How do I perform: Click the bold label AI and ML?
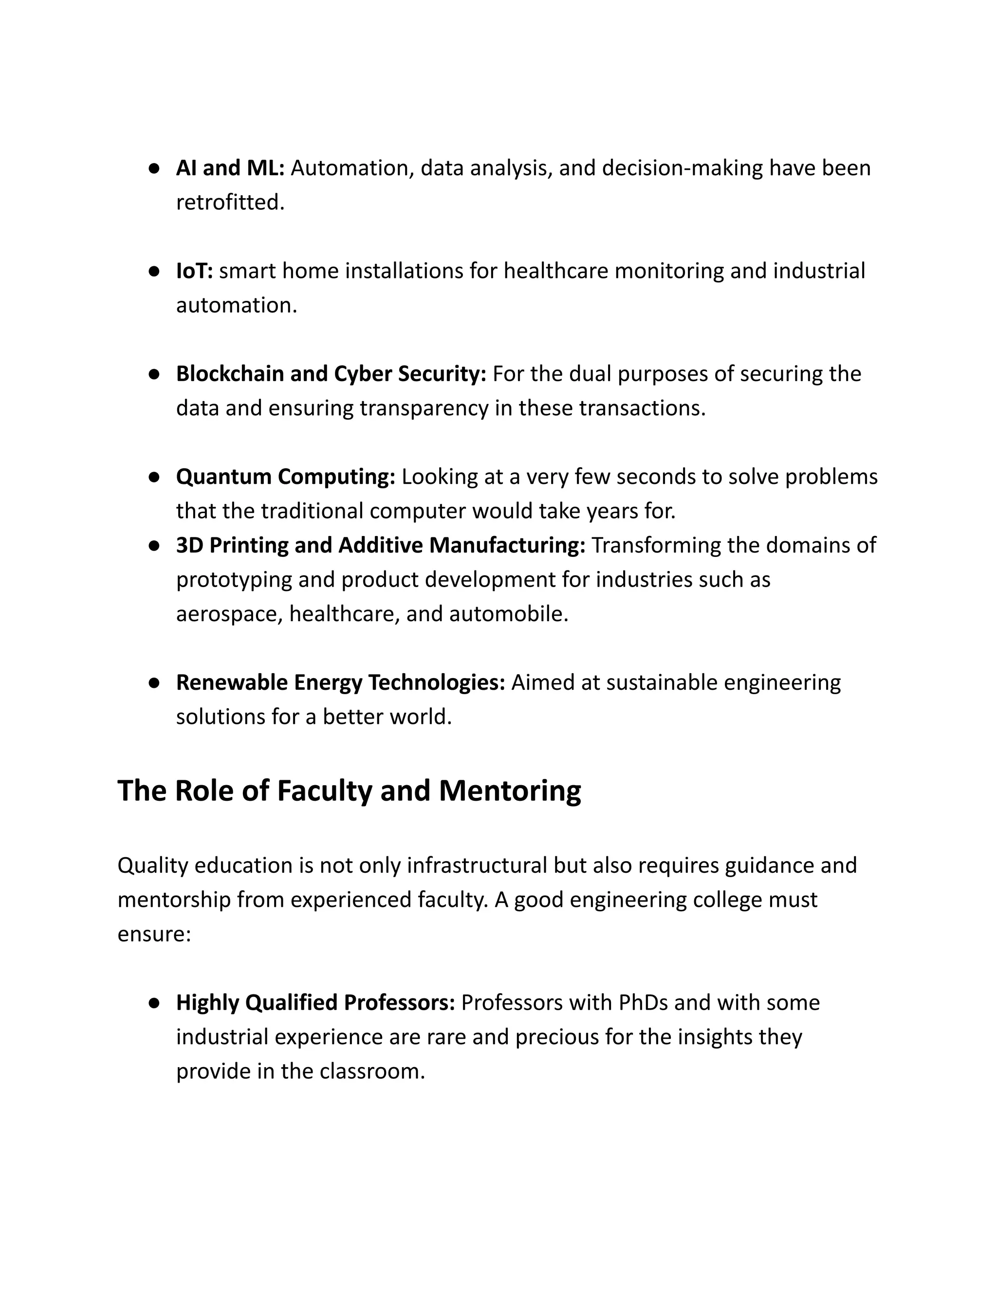(x=230, y=168)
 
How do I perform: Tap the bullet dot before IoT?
(x=154, y=271)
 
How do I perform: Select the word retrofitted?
(x=230, y=203)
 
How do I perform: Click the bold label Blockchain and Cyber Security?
(x=331, y=374)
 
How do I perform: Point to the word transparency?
(x=424, y=408)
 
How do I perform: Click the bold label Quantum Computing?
(x=285, y=477)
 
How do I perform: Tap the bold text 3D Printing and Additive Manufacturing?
(x=380, y=545)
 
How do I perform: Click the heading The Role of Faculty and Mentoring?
(x=349, y=791)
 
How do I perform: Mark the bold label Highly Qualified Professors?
(x=315, y=1002)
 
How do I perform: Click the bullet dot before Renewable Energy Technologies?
(x=154, y=683)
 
